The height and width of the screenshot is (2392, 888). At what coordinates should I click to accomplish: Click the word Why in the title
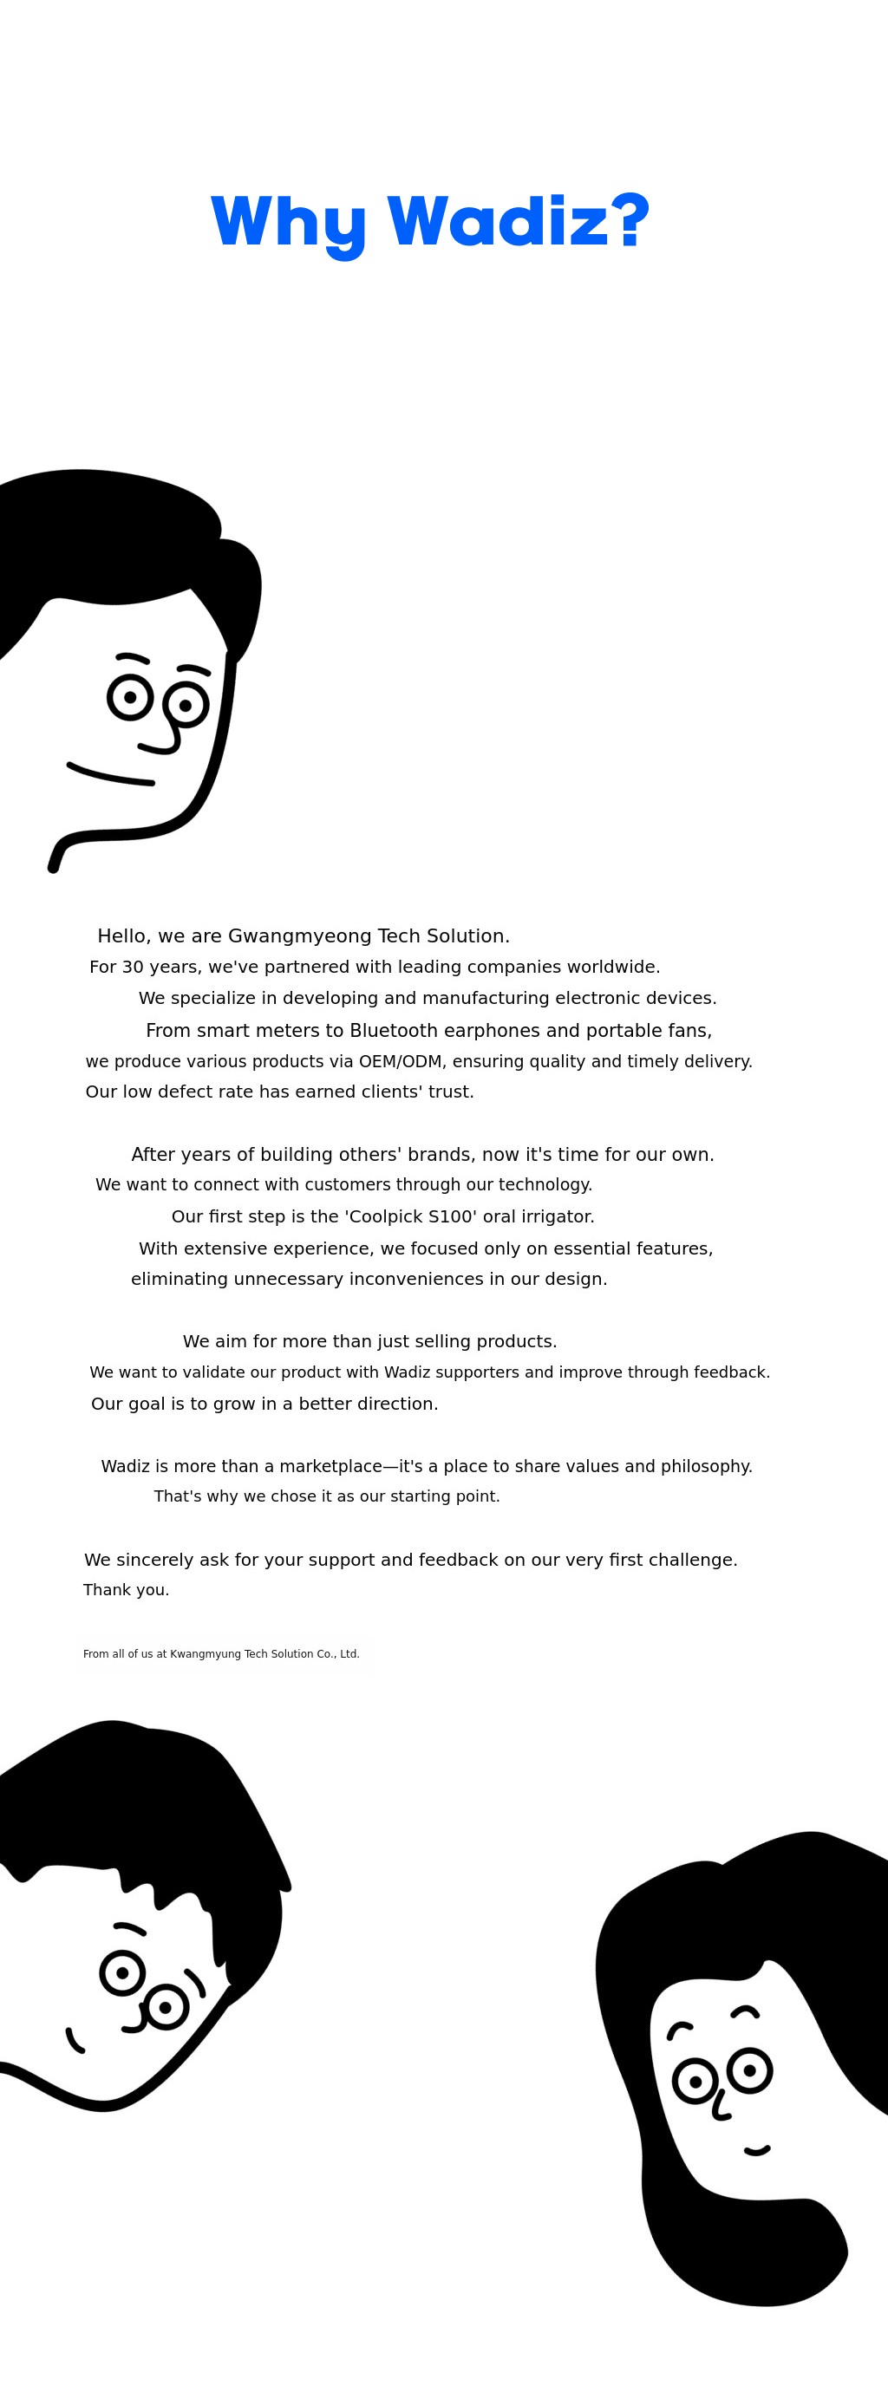point(289,224)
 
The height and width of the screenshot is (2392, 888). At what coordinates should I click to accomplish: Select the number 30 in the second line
point(132,968)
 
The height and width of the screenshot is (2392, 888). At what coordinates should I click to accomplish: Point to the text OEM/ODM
point(401,1061)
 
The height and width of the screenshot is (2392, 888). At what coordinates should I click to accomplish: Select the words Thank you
point(127,1590)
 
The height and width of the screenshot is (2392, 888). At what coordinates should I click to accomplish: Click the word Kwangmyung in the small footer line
point(206,1654)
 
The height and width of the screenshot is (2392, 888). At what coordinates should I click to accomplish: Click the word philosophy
point(708,1466)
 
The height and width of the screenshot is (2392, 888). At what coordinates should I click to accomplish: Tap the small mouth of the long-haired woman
point(757,2151)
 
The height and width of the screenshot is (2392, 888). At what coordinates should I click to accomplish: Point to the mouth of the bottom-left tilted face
point(75,2041)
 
